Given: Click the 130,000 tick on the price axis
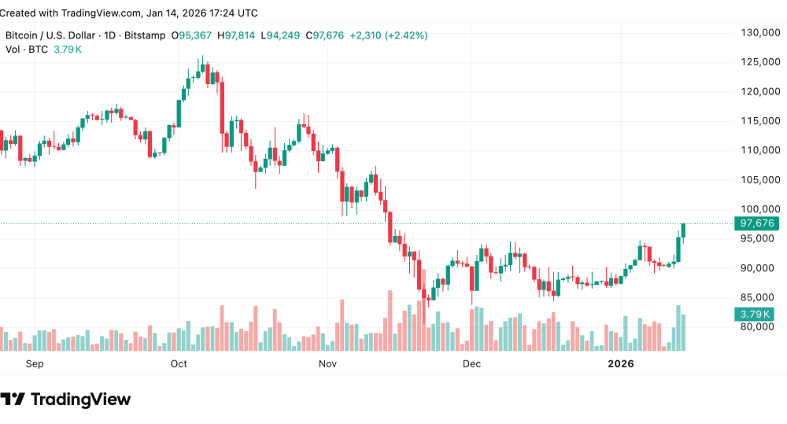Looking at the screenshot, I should [756, 32].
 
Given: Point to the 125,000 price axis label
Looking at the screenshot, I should [756, 62].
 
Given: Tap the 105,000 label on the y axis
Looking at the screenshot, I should [756, 179].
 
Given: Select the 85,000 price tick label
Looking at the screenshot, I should [756, 297].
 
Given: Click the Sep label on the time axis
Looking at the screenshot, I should [35, 364].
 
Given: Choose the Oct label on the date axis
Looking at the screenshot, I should [179, 364].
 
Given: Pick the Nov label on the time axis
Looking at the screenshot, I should [328, 364].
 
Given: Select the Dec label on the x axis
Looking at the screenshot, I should [471, 364].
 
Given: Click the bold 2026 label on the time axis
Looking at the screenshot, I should [621, 364].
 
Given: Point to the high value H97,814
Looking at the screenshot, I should [240, 35].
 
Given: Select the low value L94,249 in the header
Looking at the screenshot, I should [282, 35].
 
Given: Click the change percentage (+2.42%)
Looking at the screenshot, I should [406, 35].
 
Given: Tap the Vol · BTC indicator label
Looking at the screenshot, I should [27, 50].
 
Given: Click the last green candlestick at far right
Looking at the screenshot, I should [684, 230].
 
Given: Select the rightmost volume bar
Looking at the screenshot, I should [684, 332].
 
